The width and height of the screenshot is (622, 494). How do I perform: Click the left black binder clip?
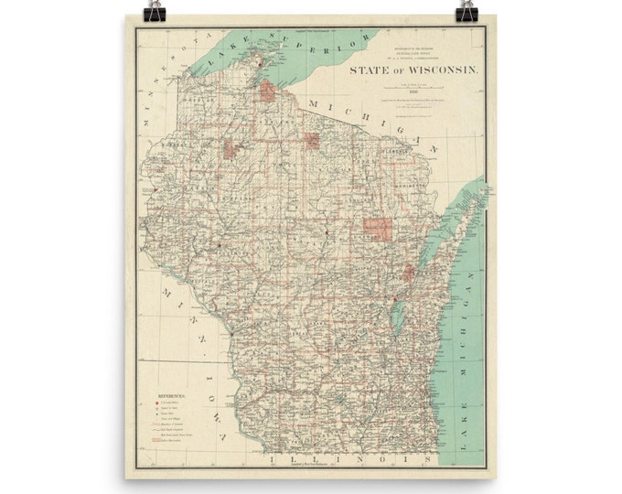point(153,11)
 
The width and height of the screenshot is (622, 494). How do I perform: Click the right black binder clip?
point(468,11)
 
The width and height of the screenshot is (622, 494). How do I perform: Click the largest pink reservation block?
point(378,229)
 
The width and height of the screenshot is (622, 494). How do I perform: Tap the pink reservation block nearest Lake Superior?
point(268,91)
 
